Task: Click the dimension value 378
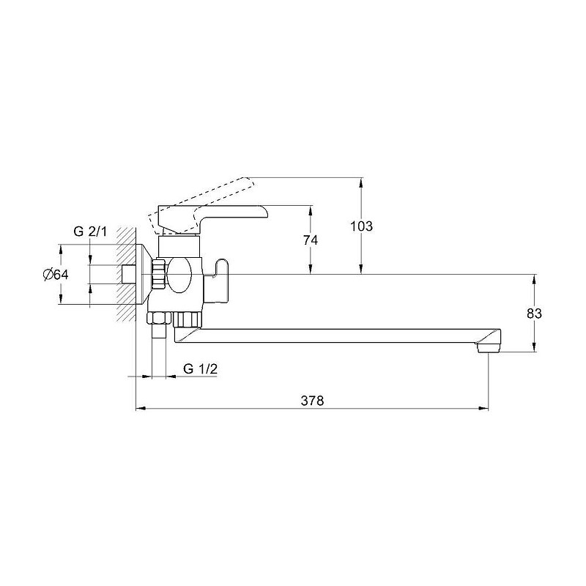tap(313, 401)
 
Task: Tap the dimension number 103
tap(361, 226)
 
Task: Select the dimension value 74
tap(310, 240)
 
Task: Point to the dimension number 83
tap(534, 314)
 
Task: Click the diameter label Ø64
tap(56, 275)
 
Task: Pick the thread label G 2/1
tap(90, 231)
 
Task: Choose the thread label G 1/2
tap(200, 369)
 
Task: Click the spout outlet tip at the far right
tap(489, 349)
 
